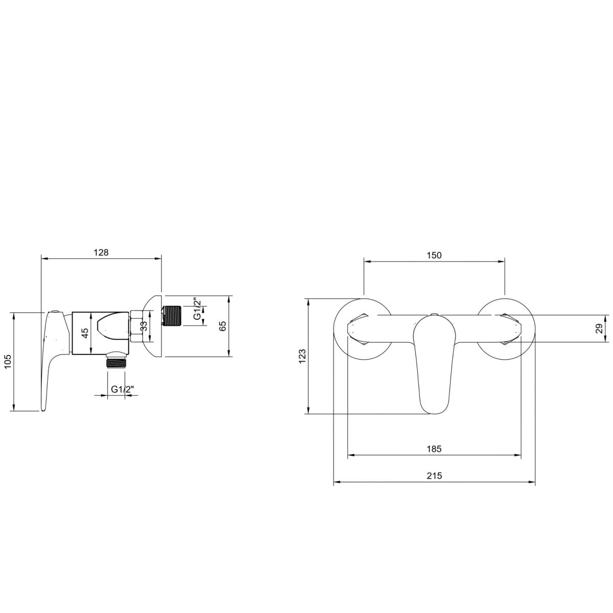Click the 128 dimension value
[x=101, y=252]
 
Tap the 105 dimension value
[x=8, y=361]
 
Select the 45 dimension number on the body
[x=85, y=333]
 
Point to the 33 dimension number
[x=144, y=326]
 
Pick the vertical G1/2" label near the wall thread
[x=198, y=309]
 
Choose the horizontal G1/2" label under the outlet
[x=123, y=389]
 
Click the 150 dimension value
[x=434, y=255]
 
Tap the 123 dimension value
[x=302, y=356]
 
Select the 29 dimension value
[x=599, y=328]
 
